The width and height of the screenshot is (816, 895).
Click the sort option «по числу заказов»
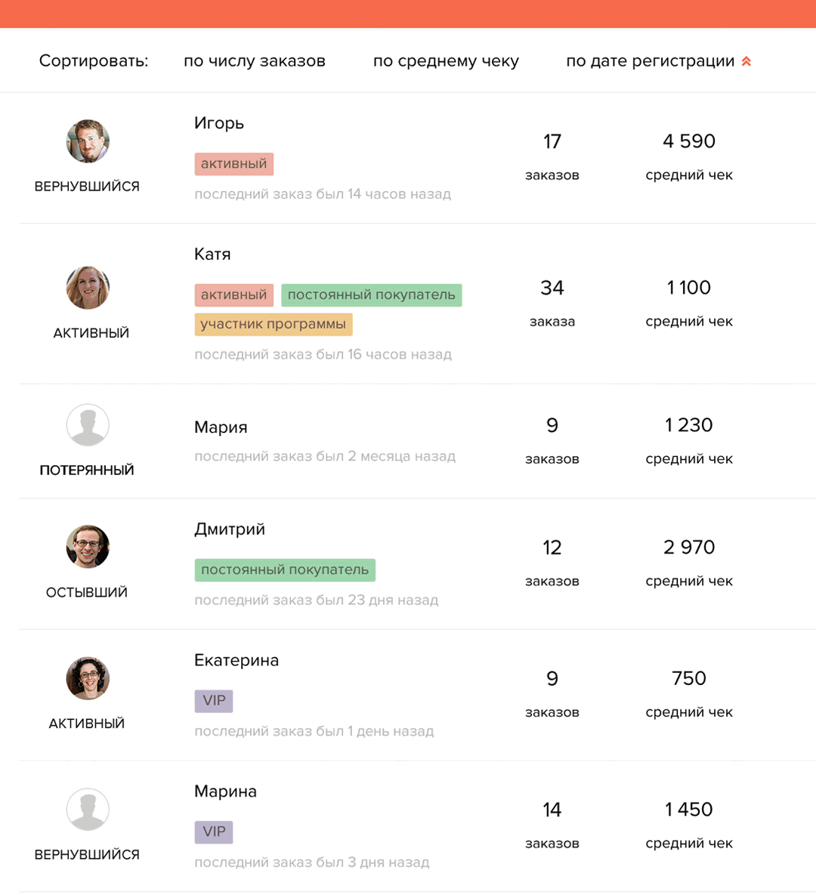[254, 61]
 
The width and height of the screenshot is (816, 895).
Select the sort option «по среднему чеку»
[446, 61]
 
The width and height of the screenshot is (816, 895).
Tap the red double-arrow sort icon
[746, 61]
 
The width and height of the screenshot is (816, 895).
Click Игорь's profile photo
[88, 141]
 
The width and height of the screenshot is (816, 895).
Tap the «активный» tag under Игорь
[233, 164]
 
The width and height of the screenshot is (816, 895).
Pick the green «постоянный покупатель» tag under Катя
[371, 295]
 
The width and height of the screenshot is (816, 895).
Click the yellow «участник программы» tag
[273, 324]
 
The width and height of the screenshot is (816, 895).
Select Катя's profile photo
[88, 288]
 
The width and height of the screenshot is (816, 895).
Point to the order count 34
[552, 288]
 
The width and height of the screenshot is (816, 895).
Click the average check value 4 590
[688, 141]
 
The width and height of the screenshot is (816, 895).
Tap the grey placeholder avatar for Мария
[88, 424]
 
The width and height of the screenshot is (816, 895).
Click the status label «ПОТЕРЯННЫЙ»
[87, 470]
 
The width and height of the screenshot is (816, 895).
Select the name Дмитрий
[230, 529]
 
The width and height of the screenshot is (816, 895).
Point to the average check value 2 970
[688, 547]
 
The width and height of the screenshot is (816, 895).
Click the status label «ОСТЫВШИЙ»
[87, 592]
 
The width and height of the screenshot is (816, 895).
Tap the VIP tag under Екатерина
[214, 700]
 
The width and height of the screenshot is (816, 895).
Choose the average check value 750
[688, 678]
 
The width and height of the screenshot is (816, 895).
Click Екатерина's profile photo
[88, 678]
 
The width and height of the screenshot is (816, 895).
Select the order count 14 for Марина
[552, 810]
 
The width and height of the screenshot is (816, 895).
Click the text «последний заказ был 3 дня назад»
[311, 863]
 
